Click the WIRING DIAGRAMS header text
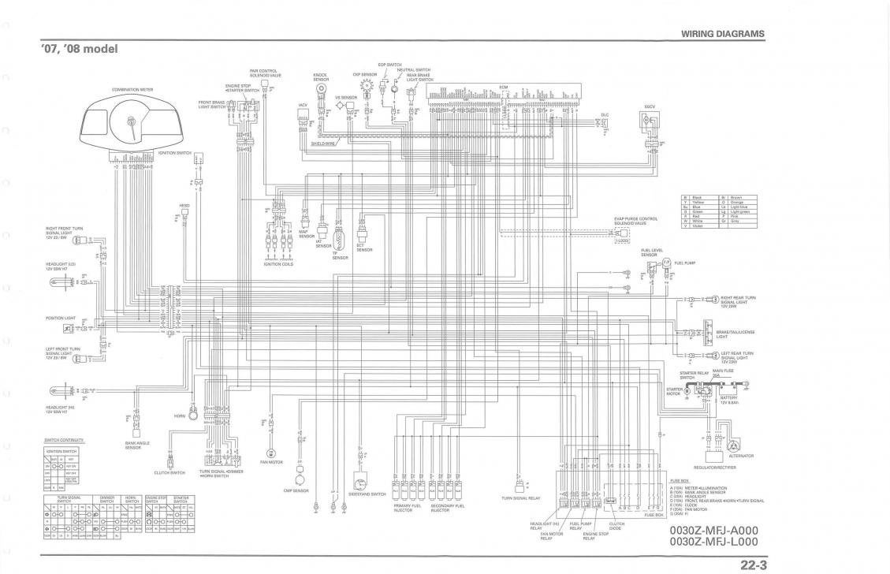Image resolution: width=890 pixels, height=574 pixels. pyautogui.click(x=722, y=34)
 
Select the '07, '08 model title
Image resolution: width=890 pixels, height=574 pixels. pyautogui.click(x=79, y=50)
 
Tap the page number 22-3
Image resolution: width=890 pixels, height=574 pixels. pyautogui.click(x=754, y=564)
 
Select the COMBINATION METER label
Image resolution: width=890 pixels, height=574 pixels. pyautogui.click(x=131, y=90)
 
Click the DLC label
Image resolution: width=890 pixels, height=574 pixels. pyautogui.click(x=605, y=115)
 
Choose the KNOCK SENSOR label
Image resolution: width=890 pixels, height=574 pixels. pyautogui.click(x=320, y=77)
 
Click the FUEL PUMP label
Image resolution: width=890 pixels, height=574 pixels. pyautogui.click(x=683, y=262)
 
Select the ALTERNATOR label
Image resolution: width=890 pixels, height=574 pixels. pyautogui.click(x=741, y=456)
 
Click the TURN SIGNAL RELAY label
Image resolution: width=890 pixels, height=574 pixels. pyautogui.click(x=520, y=498)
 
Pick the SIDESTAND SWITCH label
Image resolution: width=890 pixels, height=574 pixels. pyautogui.click(x=367, y=494)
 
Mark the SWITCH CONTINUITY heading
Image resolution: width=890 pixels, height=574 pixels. pyautogui.click(x=64, y=440)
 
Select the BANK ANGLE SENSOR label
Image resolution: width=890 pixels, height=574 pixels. pyautogui.click(x=137, y=445)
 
